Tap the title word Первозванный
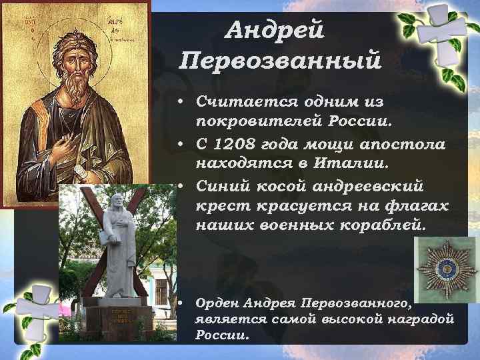(x=281, y=61)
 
